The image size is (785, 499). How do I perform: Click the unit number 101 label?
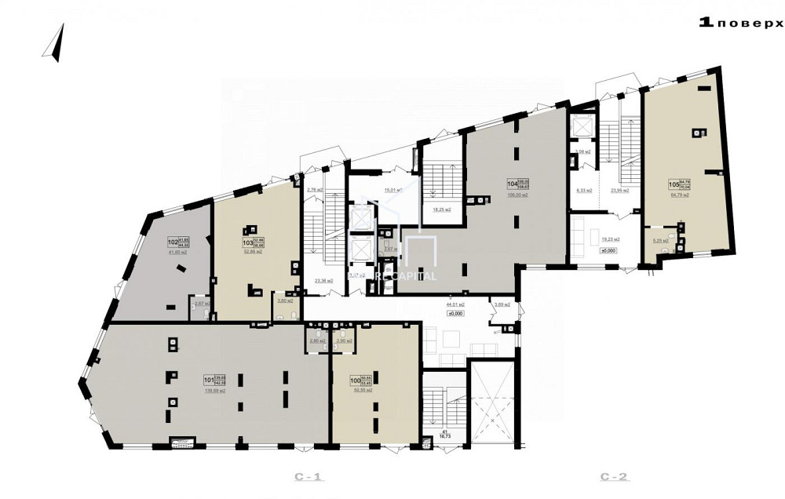[x=209, y=382]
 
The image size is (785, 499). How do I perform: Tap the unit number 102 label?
[x=173, y=242]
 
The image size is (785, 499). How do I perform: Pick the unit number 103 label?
[x=246, y=243]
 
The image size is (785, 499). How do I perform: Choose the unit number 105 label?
[x=673, y=186]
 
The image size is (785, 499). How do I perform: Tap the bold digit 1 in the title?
[x=706, y=23]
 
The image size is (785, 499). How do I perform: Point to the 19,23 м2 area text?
[x=610, y=239]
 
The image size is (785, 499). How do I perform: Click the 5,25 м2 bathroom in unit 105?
[x=662, y=240]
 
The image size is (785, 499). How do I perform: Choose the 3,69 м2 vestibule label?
[x=502, y=304]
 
